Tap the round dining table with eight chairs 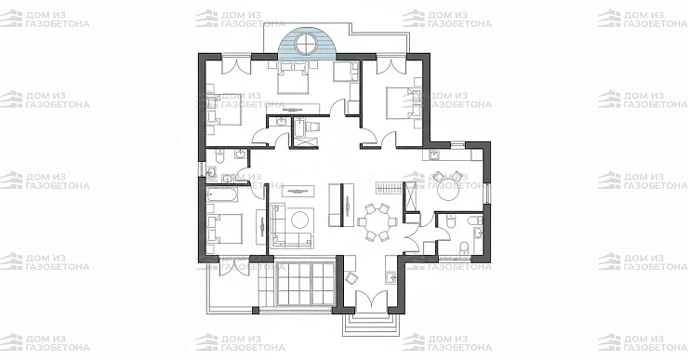(x=377, y=222)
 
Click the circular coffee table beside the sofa (x=300, y=220)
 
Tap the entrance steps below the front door (x=371, y=324)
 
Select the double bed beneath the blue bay (x=294, y=78)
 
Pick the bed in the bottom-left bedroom (x=224, y=229)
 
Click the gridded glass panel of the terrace (x=305, y=284)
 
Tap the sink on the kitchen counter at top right (x=433, y=154)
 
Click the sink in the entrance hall (x=390, y=277)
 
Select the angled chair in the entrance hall (x=351, y=278)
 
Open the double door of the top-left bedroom (x=236, y=64)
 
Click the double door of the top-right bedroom (x=391, y=64)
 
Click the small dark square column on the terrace (x=256, y=311)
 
